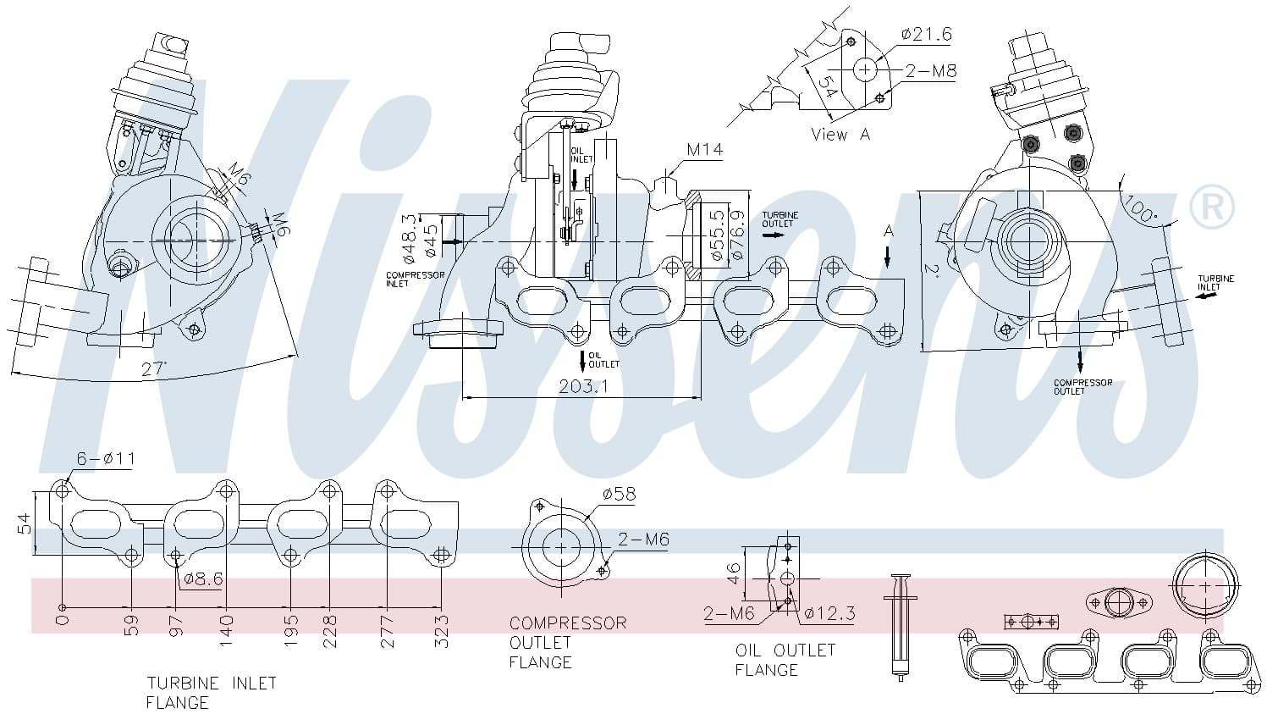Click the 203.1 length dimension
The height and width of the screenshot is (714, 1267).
(583, 386)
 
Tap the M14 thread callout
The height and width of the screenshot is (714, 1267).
(704, 150)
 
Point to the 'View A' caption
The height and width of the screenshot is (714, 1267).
(840, 135)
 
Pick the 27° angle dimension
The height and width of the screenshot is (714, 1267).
(153, 368)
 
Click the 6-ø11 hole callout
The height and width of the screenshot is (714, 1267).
(106, 459)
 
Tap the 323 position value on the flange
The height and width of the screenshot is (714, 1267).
(441, 631)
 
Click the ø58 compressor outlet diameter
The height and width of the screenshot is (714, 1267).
(619, 494)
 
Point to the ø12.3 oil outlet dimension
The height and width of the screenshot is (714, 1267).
(829, 613)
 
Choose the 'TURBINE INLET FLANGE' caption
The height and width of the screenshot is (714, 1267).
(211, 692)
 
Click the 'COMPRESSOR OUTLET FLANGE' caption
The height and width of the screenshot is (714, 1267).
(568, 642)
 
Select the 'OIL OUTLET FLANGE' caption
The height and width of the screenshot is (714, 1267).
(785, 660)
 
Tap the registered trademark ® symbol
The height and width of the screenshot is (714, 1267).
(1212, 207)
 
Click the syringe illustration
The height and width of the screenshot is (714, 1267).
(900, 627)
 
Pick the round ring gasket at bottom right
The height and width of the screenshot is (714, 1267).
(1204, 585)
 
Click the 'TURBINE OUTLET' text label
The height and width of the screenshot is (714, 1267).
(779, 219)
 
